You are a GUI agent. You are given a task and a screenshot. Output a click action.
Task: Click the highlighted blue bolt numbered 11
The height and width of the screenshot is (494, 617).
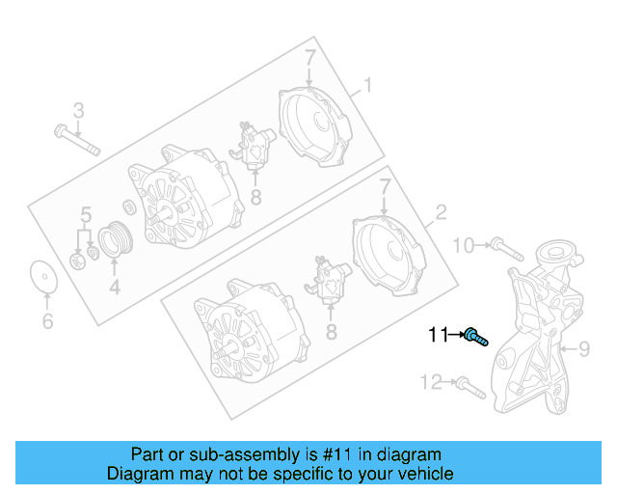click(x=475, y=337)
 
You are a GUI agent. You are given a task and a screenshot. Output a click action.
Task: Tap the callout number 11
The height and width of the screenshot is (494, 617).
click(x=440, y=336)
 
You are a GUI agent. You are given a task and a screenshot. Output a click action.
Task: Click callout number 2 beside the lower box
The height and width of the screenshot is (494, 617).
click(x=441, y=212)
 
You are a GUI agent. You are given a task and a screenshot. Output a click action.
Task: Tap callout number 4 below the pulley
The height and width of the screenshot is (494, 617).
click(x=114, y=287)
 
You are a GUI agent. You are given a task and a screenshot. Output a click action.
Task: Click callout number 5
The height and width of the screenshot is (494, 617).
click(x=85, y=213)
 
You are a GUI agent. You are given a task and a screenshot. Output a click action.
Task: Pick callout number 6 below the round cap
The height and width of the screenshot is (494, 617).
click(x=46, y=321)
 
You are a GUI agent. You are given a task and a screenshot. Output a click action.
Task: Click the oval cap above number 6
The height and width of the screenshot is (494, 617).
click(x=42, y=276)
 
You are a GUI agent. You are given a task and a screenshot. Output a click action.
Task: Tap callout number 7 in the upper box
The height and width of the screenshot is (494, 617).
click(x=309, y=59)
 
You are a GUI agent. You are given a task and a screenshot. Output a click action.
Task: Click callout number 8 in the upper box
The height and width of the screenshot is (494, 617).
click(x=255, y=199)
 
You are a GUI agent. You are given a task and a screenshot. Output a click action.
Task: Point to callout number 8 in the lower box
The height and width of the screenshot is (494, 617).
click(x=331, y=331)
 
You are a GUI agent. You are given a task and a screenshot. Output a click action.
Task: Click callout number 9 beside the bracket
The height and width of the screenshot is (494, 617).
click(x=582, y=348)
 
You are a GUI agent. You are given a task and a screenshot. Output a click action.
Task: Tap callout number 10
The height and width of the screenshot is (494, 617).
click(x=464, y=246)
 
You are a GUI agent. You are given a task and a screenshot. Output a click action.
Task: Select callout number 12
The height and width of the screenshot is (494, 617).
click(x=430, y=382)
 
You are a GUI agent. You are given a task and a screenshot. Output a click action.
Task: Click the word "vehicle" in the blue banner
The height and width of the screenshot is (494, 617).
click(x=419, y=474)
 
